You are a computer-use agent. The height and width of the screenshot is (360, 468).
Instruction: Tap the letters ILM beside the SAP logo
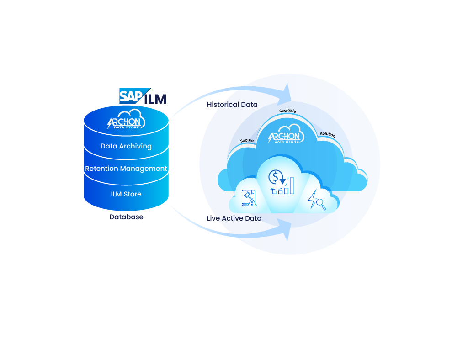(x=155, y=99)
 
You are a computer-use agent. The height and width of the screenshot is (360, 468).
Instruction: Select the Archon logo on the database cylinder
(x=126, y=121)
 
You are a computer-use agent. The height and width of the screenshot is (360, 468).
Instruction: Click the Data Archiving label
(x=126, y=146)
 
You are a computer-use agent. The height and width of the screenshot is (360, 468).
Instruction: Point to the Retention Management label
(x=126, y=169)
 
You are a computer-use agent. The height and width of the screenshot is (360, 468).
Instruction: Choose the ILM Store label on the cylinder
(x=126, y=194)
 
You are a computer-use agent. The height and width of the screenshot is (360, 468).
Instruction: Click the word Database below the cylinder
(x=126, y=217)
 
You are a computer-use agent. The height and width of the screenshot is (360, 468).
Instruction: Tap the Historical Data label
(x=232, y=105)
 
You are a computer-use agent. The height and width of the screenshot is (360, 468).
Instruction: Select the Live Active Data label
(x=234, y=218)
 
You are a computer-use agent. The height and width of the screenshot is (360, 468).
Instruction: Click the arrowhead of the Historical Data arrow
(x=287, y=93)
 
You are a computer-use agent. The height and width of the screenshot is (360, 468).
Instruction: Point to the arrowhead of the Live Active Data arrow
(x=287, y=230)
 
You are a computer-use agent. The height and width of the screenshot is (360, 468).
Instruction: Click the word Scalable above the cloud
(x=287, y=111)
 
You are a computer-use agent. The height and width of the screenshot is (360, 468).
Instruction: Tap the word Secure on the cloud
(x=247, y=140)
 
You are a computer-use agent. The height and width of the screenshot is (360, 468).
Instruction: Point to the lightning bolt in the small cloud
(x=314, y=198)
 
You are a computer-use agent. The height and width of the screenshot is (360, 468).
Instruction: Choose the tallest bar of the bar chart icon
(x=292, y=185)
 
